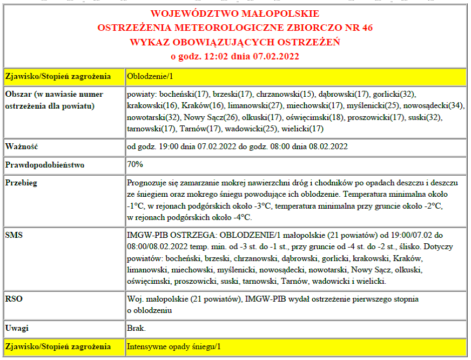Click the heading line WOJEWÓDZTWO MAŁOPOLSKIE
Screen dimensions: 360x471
[x=234, y=14]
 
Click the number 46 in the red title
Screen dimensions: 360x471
[x=364, y=28]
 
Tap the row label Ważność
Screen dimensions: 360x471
[x=21, y=146]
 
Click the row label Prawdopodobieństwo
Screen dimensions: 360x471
[x=45, y=164]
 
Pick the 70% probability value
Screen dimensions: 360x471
[x=135, y=164]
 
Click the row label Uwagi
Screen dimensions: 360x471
[x=17, y=328]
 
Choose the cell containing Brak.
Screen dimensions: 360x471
[x=136, y=328]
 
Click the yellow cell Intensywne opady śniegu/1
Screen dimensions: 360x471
[x=174, y=346]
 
